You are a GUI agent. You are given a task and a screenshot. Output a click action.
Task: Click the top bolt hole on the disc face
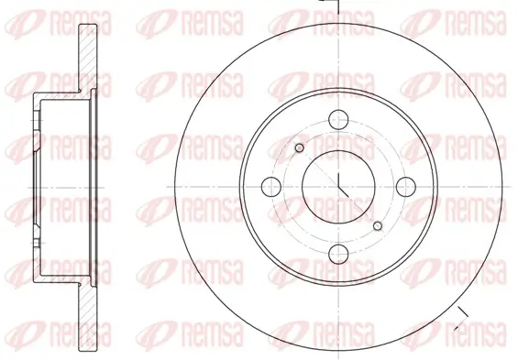pyautogui.click(x=338, y=119)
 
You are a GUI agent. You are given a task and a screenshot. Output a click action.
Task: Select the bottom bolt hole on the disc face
pyautogui.click(x=338, y=254)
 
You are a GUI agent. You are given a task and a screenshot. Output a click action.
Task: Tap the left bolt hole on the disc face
pyautogui.click(x=271, y=187)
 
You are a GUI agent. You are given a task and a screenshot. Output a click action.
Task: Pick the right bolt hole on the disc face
pyautogui.click(x=406, y=187)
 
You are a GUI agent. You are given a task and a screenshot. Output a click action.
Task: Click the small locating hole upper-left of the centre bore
pyautogui.click(x=299, y=147)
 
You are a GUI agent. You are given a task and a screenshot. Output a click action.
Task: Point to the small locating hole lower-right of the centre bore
pyautogui.click(x=378, y=226)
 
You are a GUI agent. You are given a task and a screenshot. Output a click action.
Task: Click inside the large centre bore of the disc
pyautogui.click(x=338, y=187)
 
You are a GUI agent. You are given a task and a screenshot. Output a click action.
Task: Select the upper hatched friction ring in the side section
pyautogui.click(x=87, y=58)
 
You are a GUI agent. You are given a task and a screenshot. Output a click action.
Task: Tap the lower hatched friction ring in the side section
pyautogui.click(x=87, y=316)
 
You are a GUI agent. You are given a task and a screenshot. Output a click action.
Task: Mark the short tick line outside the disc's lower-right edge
pyautogui.click(x=461, y=320)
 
